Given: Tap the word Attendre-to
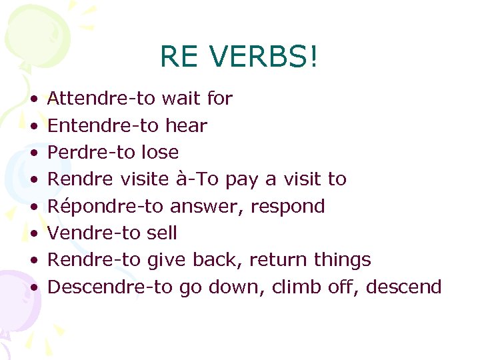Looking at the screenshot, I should (101, 99).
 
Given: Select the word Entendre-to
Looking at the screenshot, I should (101, 125).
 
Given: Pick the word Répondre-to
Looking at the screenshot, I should (105, 206).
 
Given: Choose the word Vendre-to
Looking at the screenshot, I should (92, 233).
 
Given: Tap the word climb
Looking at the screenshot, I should (295, 287).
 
